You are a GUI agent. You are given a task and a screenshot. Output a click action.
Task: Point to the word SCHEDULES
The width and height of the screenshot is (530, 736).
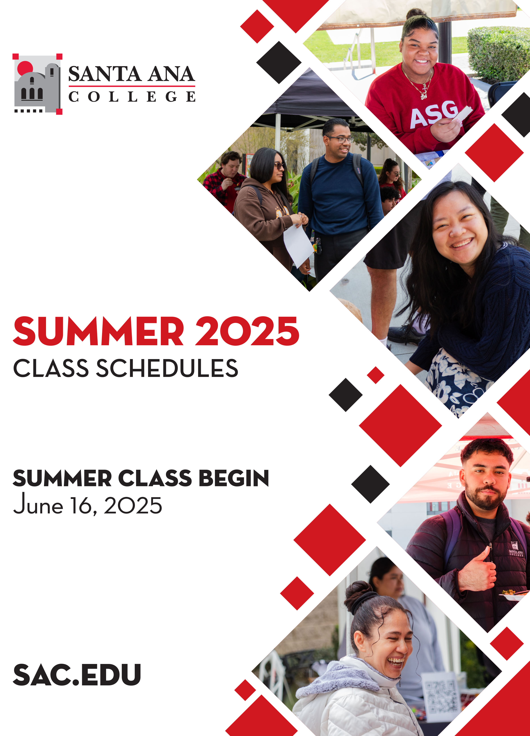(167, 368)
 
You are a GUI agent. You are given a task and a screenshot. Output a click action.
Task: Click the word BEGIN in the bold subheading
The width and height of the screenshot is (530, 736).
(234, 478)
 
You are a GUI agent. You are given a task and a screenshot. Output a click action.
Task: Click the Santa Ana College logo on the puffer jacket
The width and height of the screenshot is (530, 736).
(516, 549)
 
